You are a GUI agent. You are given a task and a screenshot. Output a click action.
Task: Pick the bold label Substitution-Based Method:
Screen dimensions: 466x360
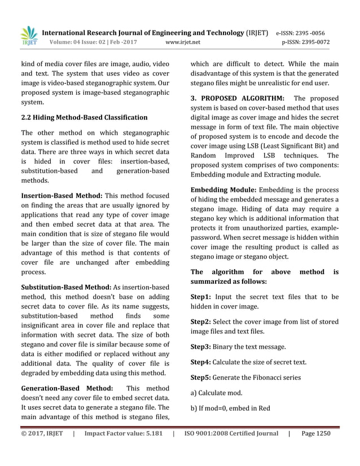click(67, 288)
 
